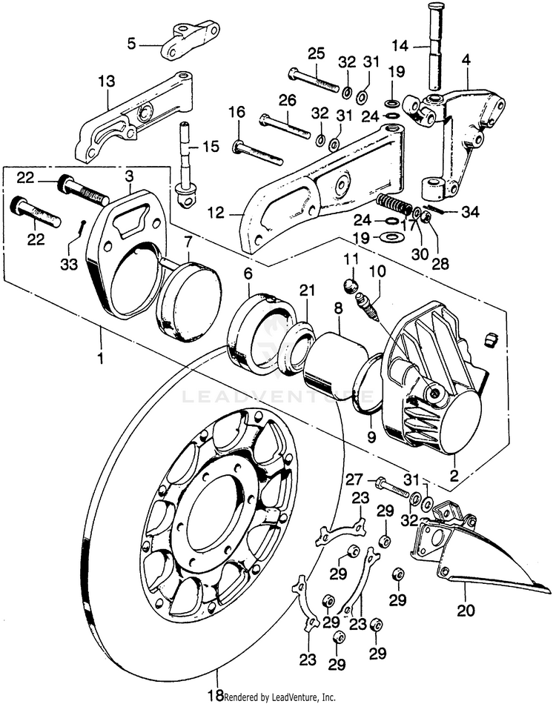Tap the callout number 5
tap(131, 44)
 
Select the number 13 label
tap(107, 82)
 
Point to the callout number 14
tap(400, 45)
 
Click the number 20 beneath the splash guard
tap(466, 611)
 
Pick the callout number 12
tap(216, 213)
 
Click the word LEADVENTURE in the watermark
tap(277, 397)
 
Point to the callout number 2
tap(454, 475)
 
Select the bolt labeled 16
tap(258, 153)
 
